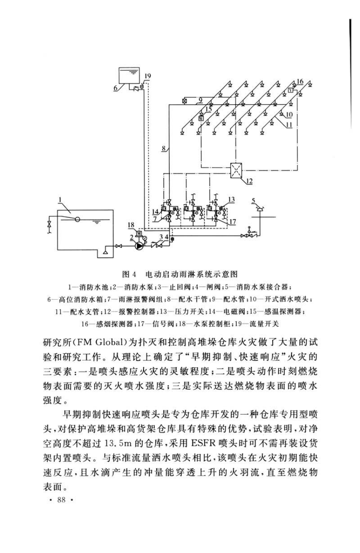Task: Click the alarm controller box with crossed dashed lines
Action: tap(236, 170)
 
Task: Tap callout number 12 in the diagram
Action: tap(249, 181)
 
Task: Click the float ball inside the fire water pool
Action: tap(78, 219)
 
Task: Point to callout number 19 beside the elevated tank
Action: tap(148, 76)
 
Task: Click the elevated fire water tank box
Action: tap(129, 76)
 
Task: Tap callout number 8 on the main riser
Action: tap(164, 148)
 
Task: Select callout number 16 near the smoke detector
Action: tap(300, 81)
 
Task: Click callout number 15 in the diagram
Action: tap(208, 109)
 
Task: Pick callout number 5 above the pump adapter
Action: tap(254, 201)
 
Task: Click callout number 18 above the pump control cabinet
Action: tap(131, 225)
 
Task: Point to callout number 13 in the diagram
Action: tap(231, 200)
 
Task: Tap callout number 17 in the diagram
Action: tap(233, 222)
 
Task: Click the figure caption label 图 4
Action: tap(129, 274)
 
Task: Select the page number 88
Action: tap(61, 500)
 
